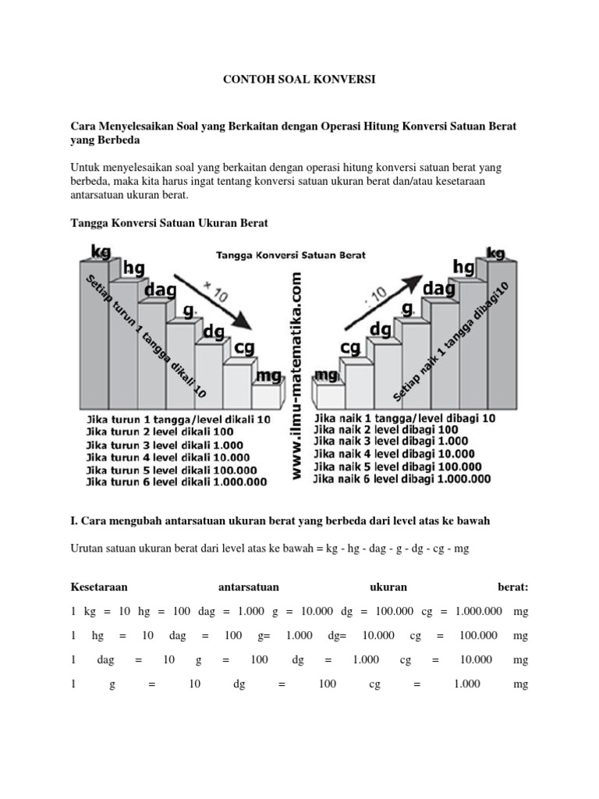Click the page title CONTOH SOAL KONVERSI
tap(299, 80)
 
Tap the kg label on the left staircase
tap(101, 251)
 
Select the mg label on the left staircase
tap(268, 376)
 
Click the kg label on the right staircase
tap(496, 253)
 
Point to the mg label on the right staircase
tap(326, 375)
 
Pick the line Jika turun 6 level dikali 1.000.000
tap(176, 481)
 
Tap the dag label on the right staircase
tap(438, 289)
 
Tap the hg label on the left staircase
tap(133, 268)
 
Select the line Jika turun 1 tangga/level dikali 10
tap(179, 419)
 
